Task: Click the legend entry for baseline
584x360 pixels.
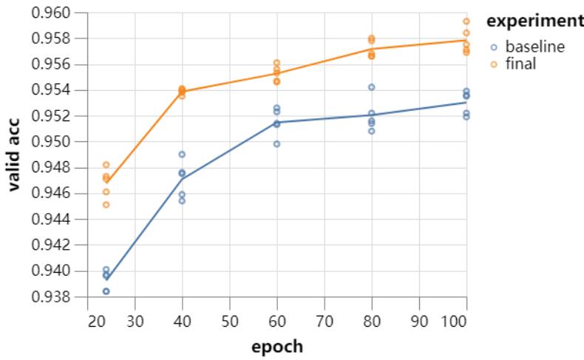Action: pyautogui.click(x=534, y=47)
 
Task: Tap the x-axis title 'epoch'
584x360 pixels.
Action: pyautogui.click(x=276, y=345)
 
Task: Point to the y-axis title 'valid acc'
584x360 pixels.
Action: pyautogui.click(x=14, y=155)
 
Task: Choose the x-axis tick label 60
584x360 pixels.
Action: pyautogui.click(x=276, y=322)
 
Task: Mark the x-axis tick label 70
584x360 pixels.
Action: pyautogui.click(x=324, y=322)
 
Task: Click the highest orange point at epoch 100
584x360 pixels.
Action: pyautogui.click(x=466, y=21)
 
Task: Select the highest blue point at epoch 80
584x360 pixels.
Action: pyautogui.click(x=371, y=87)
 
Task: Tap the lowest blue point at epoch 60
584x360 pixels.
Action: pyautogui.click(x=276, y=144)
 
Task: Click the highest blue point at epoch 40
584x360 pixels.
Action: pyautogui.click(x=182, y=154)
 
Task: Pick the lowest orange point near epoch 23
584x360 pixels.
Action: pyautogui.click(x=106, y=205)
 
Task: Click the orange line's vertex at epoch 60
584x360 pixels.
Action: pyautogui.click(x=276, y=73)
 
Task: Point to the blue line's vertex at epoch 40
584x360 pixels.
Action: pyautogui.click(x=182, y=178)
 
